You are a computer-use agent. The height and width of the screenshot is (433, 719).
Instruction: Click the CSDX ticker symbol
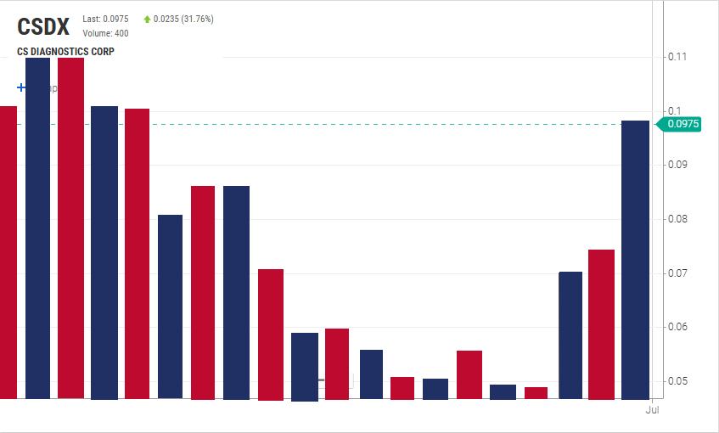coord(43,26)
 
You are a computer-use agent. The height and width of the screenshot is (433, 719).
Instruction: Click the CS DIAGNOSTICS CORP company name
coord(65,52)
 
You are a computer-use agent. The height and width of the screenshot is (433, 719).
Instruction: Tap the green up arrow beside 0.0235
coord(148,19)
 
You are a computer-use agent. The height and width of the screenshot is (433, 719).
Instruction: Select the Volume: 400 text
coord(105,33)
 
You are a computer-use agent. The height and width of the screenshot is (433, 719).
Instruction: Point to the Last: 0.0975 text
coord(105,19)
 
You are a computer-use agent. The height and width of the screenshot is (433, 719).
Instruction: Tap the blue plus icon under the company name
coord(21,87)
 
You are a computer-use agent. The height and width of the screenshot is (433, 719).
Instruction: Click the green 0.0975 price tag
coord(682,124)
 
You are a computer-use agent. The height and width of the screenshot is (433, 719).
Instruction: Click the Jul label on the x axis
coord(652,410)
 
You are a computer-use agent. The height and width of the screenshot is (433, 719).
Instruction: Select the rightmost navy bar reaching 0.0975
coord(635,259)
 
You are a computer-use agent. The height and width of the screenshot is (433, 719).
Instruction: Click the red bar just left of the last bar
coord(601,324)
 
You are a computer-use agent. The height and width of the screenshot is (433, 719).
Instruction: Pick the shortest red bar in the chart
coord(536,392)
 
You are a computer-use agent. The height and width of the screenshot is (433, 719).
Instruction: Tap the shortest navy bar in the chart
coord(503,391)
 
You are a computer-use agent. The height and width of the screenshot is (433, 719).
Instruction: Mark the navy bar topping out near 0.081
coord(170,306)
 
